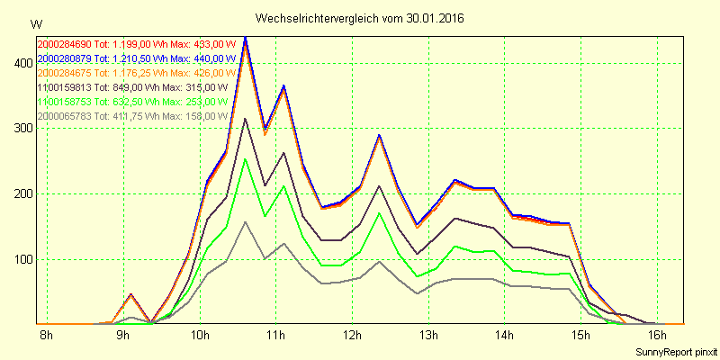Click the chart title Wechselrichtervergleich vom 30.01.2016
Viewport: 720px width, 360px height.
[360, 18]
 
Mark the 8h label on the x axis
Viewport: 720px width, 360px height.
[47, 337]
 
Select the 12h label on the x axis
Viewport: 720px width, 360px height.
[352, 337]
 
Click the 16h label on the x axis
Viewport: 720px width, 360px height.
[657, 337]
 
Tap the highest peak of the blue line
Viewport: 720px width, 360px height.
[246, 38]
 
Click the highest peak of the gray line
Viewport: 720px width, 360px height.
[246, 221]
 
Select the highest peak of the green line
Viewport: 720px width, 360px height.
[246, 159]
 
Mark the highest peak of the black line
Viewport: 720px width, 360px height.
[246, 119]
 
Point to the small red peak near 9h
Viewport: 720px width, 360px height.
[131, 294]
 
